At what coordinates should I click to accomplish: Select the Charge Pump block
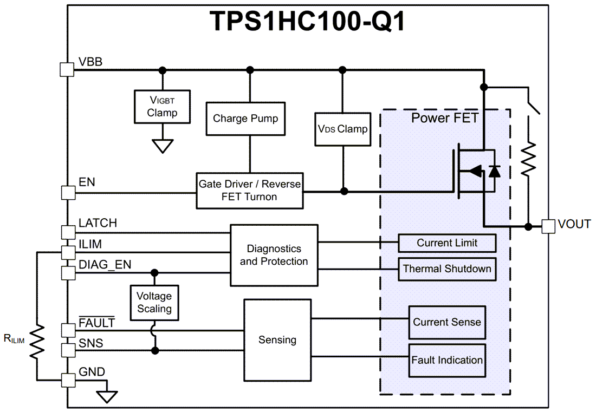(x=245, y=118)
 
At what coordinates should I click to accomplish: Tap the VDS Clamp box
(x=342, y=129)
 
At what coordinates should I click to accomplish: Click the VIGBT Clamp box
(x=162, y=106)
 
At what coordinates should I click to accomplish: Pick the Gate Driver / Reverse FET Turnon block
(x=249, y=190)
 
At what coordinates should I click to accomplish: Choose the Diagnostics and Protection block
(x=274, y=255)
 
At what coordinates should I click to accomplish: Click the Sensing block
(x=277, y=339)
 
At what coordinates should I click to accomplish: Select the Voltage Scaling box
(x=154, y=303)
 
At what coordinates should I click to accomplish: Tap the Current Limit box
(x=447, y=243)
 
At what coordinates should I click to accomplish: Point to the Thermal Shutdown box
(x=447, y=269)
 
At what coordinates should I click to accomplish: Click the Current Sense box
(x=447, y=322)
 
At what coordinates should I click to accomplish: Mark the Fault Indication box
(x=447, y=360)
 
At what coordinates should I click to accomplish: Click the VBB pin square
(x=67, y=69)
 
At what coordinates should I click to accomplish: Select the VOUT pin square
(x=548, y=226)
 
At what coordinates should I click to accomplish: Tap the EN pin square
(x=67, y=192)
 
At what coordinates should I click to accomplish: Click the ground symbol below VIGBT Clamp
(x=162, y=146)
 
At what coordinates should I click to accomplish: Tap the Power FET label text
(x=444, y=118)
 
